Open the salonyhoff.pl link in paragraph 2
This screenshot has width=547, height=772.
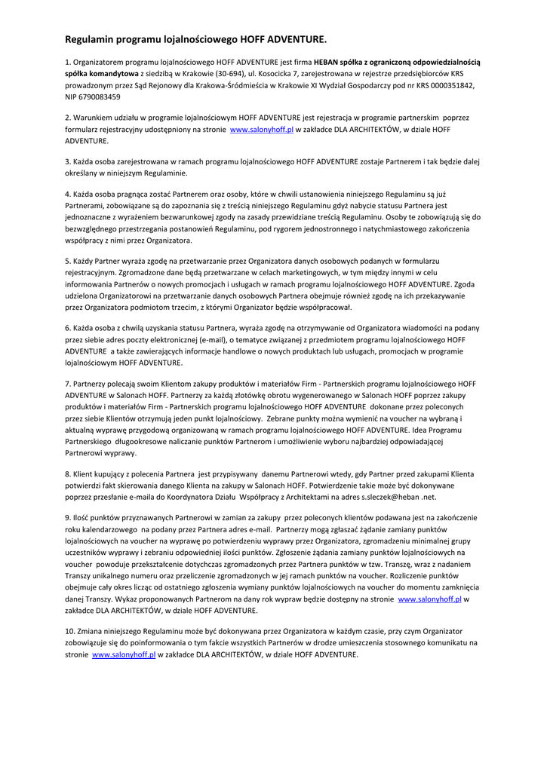pyautogui.click(x=261, y=130)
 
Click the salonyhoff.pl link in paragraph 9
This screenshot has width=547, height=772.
pyautogui.click(x=429, y=599)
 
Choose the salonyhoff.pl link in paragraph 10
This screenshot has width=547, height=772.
pyautogui.click(x=124, y=654)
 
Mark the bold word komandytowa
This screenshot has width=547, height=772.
pyautogui.click(x=114, y=74)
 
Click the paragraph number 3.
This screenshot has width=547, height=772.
pyautogui.click(x=67, y=161)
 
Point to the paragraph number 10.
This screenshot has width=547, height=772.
pyautogui.click(x=69, y=631)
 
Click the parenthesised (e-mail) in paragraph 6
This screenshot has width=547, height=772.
pyautogui.click(x=219, y=339)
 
